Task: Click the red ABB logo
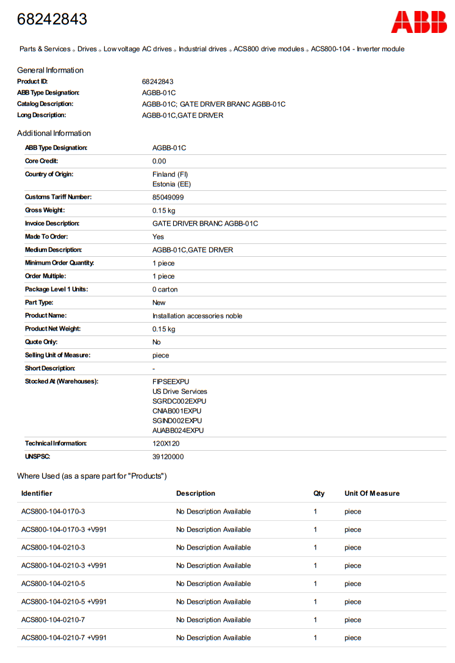418,21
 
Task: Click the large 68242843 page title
52,20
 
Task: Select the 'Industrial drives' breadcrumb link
202,49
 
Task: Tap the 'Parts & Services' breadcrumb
45,49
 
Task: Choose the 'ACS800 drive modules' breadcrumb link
268,49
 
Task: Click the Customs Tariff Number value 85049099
168,198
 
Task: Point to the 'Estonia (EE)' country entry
171,184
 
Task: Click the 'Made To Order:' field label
46,237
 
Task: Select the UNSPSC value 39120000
168,457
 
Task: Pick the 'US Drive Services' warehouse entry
179,392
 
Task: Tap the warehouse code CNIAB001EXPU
177,411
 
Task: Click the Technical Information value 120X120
166,443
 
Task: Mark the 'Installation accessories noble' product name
197,316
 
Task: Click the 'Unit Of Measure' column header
371,493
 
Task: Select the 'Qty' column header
319,493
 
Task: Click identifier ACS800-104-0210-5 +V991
63,602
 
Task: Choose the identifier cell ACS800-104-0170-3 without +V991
53,512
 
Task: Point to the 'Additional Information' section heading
54,134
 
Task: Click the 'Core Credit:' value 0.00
159,161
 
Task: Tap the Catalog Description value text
213,104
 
